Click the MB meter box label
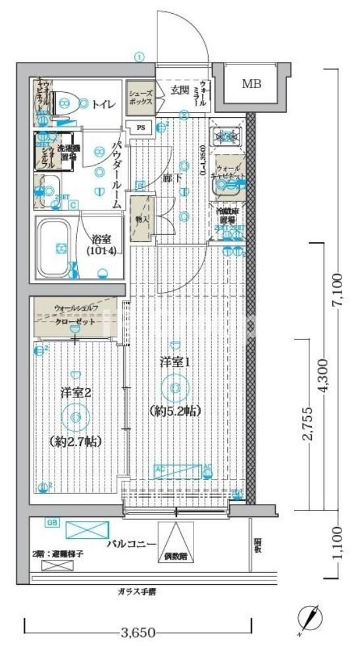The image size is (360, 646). click(x=251, y=84)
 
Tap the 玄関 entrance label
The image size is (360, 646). click(x=180, y=90)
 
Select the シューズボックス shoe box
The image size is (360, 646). click(x=140, y=98)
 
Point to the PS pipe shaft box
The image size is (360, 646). click(x=141, y=128)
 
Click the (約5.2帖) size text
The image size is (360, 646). click(x=174, y=410)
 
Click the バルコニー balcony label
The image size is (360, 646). click(x=132, y=545)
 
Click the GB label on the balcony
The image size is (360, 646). click(x=51, y=523)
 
